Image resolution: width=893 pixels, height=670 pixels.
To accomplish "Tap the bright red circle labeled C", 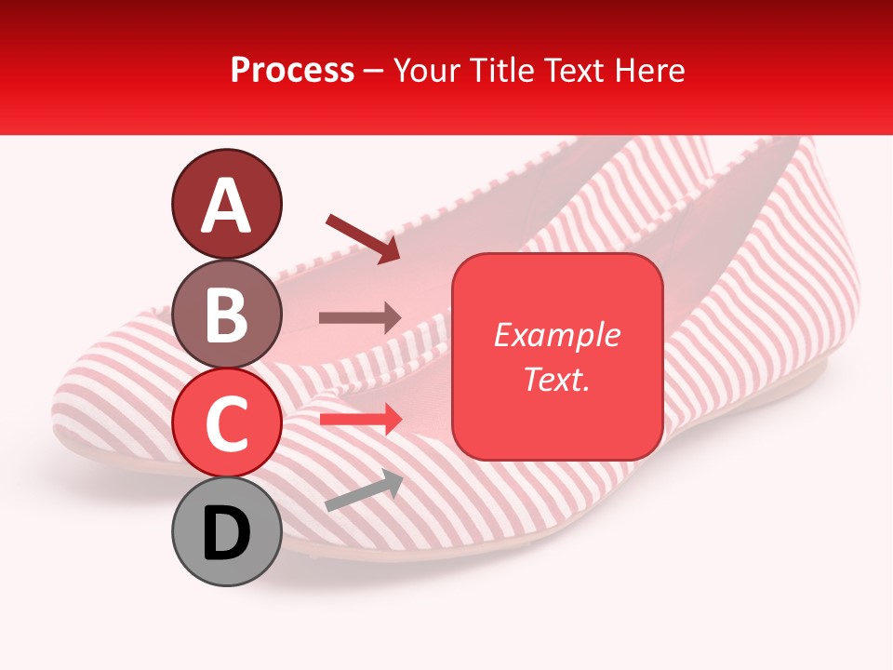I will coord(226,424).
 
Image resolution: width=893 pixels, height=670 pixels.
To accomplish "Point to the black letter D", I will coord(226,534).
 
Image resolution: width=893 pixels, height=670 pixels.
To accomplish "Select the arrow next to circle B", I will coord(360,318).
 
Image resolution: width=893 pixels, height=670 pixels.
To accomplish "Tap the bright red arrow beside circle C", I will coord(360,420).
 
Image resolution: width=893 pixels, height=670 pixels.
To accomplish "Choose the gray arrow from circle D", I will coord(364,491).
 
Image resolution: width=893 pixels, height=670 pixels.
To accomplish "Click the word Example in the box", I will coord(556,335).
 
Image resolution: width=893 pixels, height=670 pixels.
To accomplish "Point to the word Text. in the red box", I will coord(556,379).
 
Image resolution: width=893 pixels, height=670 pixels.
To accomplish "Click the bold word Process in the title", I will coord(292,70).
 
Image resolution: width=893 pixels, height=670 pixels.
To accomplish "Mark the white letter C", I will coord(226,424).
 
